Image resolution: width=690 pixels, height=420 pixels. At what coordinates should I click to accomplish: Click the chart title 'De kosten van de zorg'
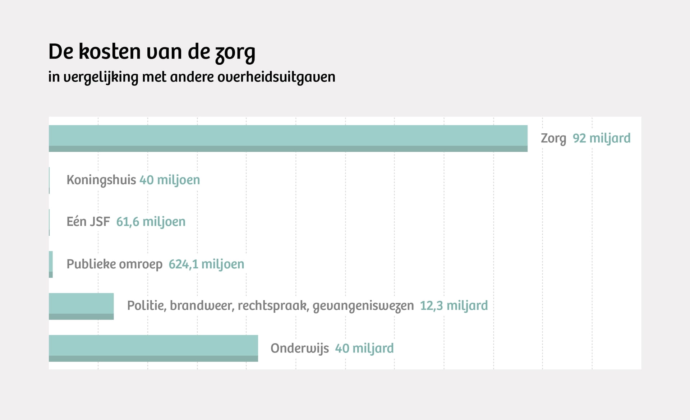tap(152, 52)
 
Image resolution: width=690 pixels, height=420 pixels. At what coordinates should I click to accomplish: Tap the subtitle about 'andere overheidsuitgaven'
tap(192, 77)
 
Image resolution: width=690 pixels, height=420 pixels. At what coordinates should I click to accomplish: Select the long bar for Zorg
tap(288, 138)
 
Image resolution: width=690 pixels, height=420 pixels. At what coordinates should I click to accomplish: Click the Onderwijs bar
tap(153, 348)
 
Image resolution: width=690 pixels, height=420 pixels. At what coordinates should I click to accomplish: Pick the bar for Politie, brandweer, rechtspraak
tap(81, 306)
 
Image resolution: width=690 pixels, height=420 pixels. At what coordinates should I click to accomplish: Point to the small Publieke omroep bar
tap(51, 264)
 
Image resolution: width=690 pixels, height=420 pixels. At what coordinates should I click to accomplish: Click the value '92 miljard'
tap(601, 138)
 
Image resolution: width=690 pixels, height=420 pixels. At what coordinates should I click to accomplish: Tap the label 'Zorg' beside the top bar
tap(553, 138)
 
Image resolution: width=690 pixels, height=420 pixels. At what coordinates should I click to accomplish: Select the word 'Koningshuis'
tap(101, 180)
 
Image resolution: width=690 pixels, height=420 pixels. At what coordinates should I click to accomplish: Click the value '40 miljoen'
tap(170, 180)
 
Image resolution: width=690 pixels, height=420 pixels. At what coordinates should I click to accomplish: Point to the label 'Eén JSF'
tap(88, 222)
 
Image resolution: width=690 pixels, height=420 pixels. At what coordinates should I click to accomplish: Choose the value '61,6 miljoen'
tap(151, 222)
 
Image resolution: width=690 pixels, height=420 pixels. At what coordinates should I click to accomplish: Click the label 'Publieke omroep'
tap(114, 264)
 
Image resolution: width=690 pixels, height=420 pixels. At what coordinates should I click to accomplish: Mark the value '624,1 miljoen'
tap(206, 264)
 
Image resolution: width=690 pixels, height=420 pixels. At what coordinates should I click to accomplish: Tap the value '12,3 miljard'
tap(454, 306)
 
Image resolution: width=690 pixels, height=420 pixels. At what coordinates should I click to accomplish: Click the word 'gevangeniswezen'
tap(363, 306)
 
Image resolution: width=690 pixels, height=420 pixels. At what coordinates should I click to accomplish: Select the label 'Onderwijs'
tap(299, 348)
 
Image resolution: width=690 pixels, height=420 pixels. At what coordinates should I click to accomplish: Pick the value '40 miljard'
tap(364, 348)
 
